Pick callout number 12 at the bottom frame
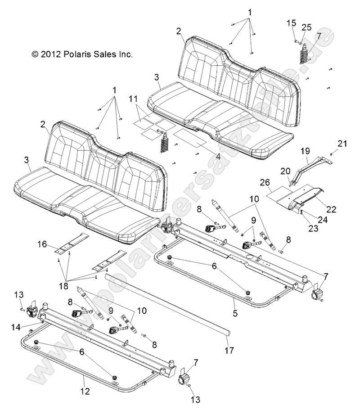point(85,391)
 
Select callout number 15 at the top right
point(292,23)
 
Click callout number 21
point(343,144)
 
